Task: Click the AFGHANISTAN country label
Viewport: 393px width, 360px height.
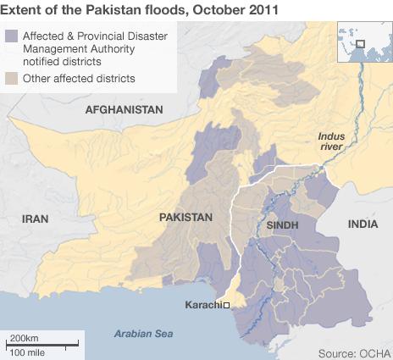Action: [124, 111]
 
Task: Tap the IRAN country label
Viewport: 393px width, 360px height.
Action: [36, 219]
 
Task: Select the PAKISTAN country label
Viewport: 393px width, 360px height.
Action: [185, 218]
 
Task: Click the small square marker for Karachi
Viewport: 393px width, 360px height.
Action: [227, 304]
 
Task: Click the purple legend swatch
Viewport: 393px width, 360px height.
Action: [12, 36]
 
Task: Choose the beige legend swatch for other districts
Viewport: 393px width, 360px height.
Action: [12, 79]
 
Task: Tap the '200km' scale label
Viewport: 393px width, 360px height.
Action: [24, 337]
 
